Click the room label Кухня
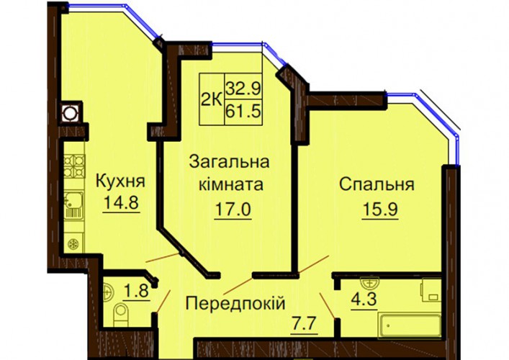[x=120, y=181]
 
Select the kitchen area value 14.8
[x=122, y=202]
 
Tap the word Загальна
[x=229, y=162]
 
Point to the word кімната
[x=231, y=185]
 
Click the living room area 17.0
[x=233, y=210]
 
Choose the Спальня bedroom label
[x=377, y=185]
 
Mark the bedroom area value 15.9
[x=380, y=210]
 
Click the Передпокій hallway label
[x=235, y=304]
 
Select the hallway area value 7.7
[x=304, y=323]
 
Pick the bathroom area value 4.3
[x=364, y=299]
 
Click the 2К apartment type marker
[x=212, y=99]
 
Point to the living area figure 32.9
[x=243, y=88]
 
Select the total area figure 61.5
[x=243, y=112]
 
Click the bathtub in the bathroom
[x=410, y=325]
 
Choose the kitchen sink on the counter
[x=73, y=204]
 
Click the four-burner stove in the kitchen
[x=74, y=166]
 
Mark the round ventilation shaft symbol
[x=69, y=114]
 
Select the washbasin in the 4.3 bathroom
[x=370, y=283]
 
